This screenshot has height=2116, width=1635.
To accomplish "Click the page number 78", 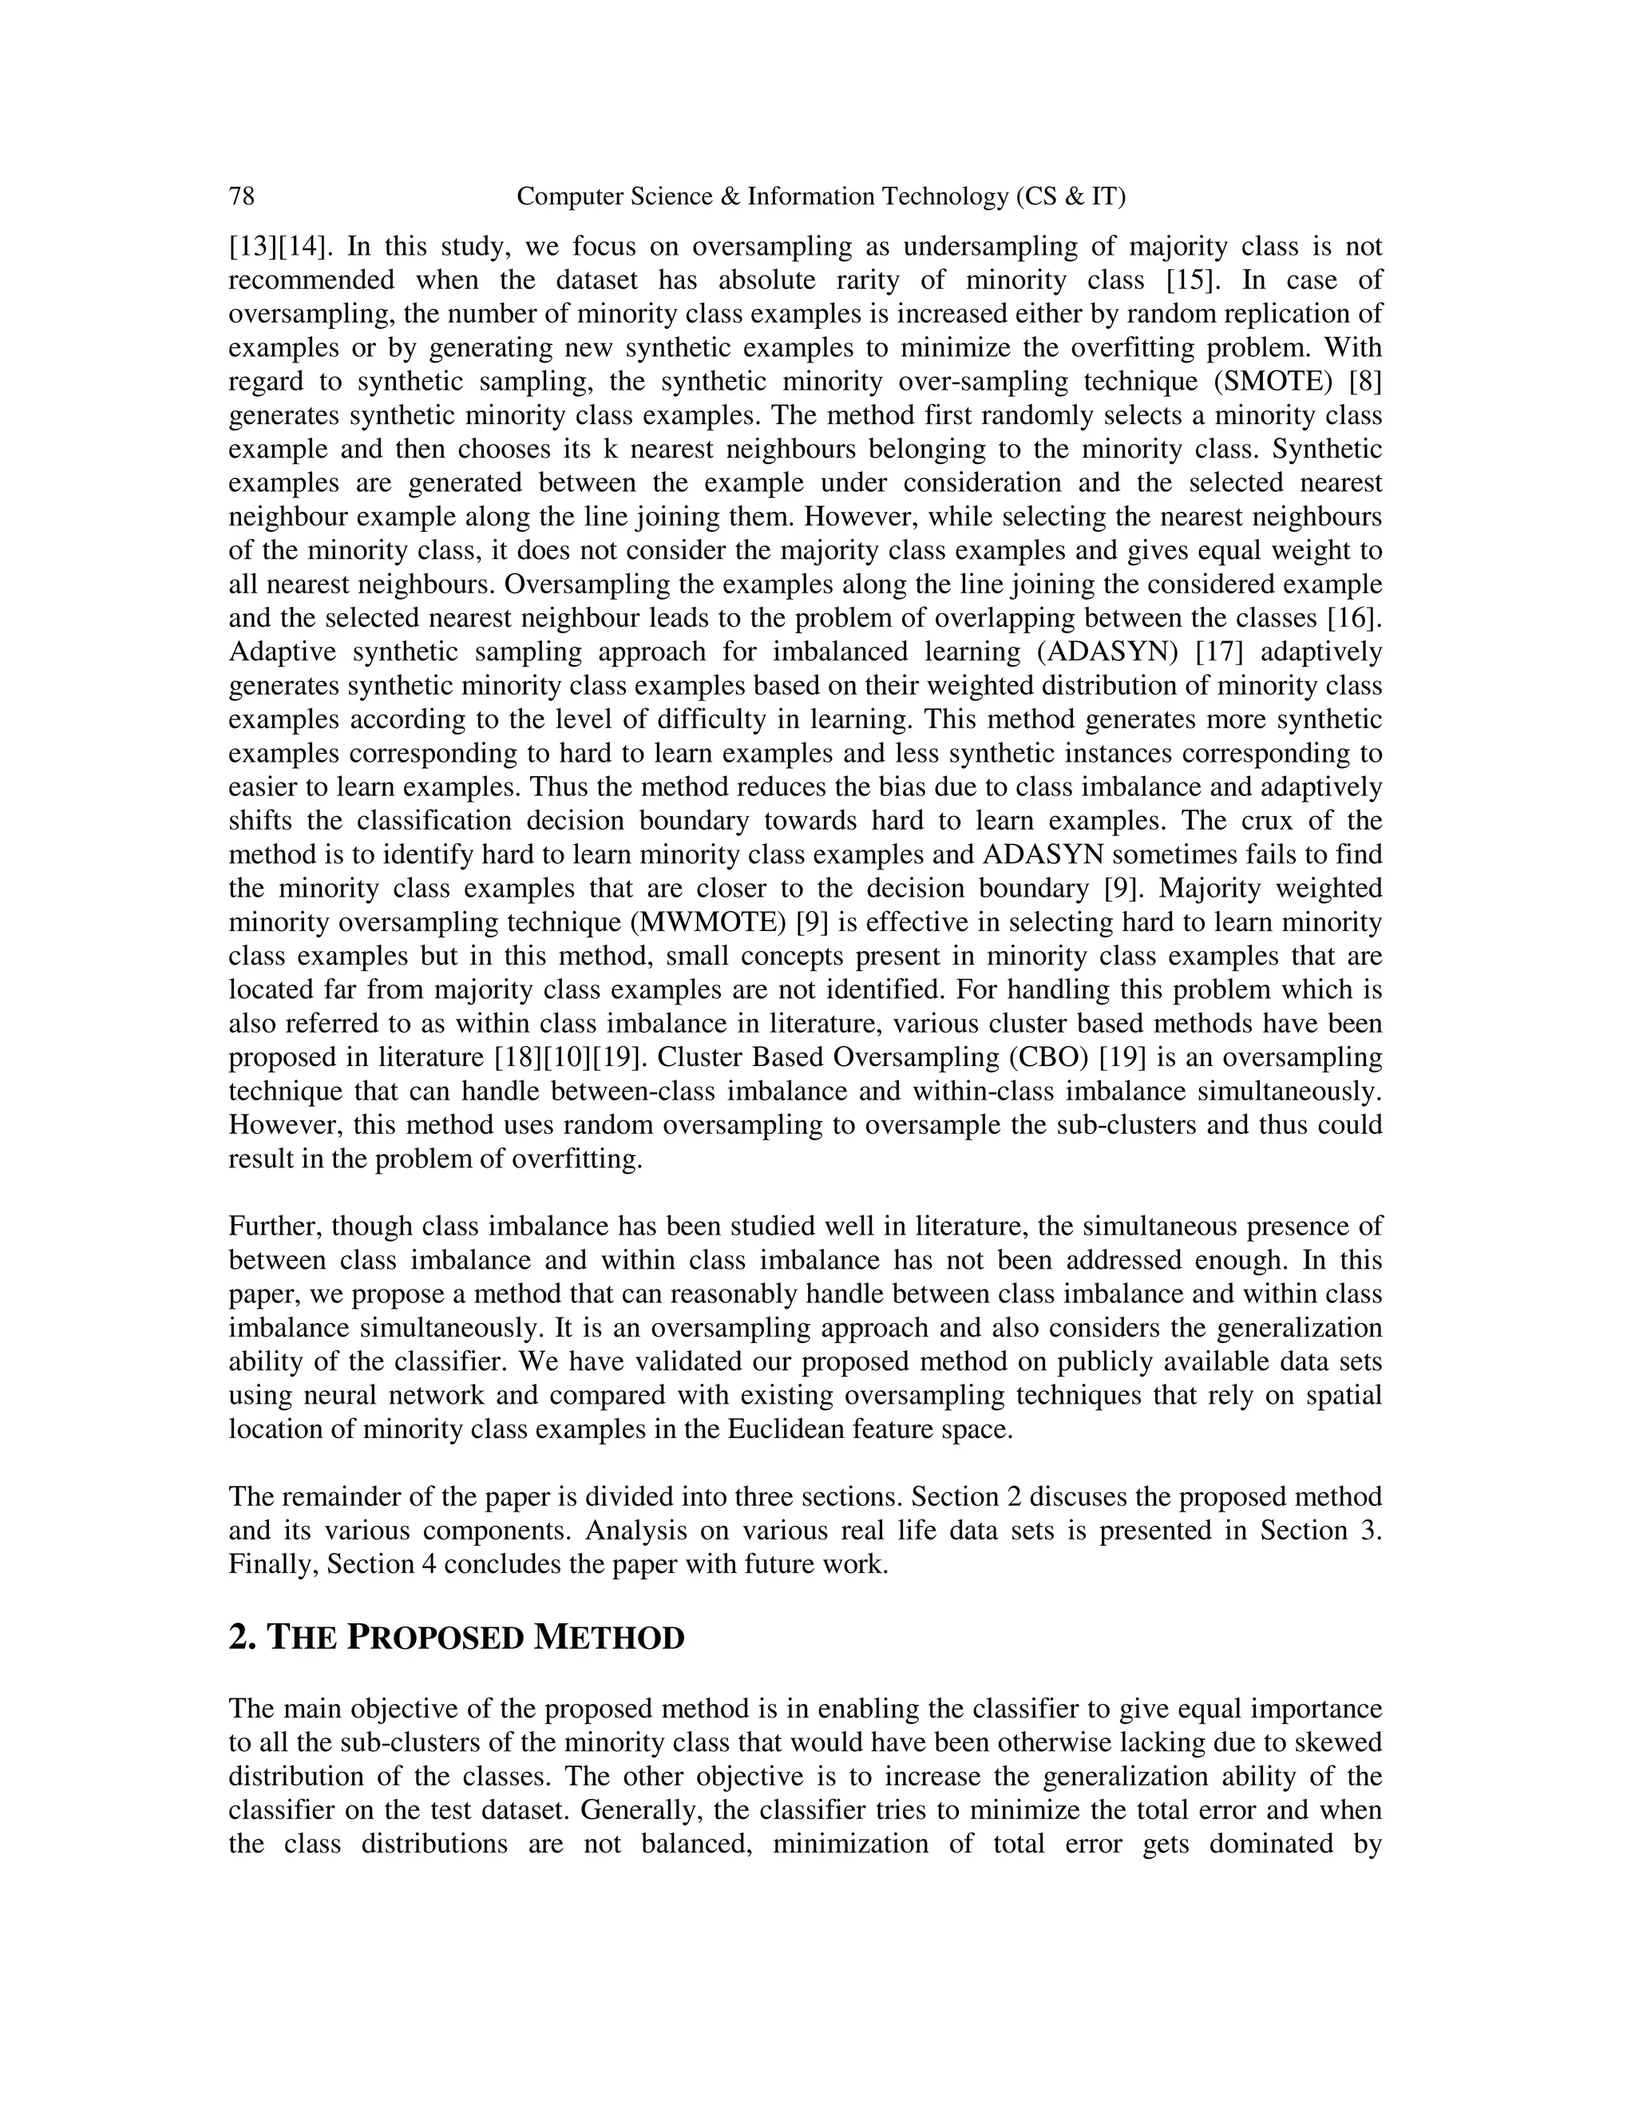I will [x=241, y=196].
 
